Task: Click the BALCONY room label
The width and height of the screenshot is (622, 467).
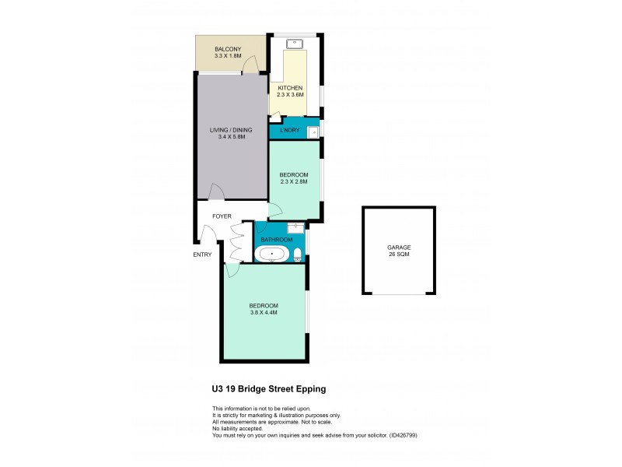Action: [x=229, y=50]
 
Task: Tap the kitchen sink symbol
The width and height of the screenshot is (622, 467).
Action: [x=295, y=43]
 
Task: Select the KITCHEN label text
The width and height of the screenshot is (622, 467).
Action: [x=289, y=88]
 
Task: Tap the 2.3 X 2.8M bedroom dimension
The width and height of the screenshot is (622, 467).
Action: [x=294, y=181]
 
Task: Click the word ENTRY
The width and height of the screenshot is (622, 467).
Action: [x=203, y=255]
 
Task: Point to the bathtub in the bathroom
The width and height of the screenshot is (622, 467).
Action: [x=272, y=254]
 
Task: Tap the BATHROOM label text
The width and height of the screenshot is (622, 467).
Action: [x=276, y=240]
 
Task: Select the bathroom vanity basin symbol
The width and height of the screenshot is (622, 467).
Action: [x=295, y=226]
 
